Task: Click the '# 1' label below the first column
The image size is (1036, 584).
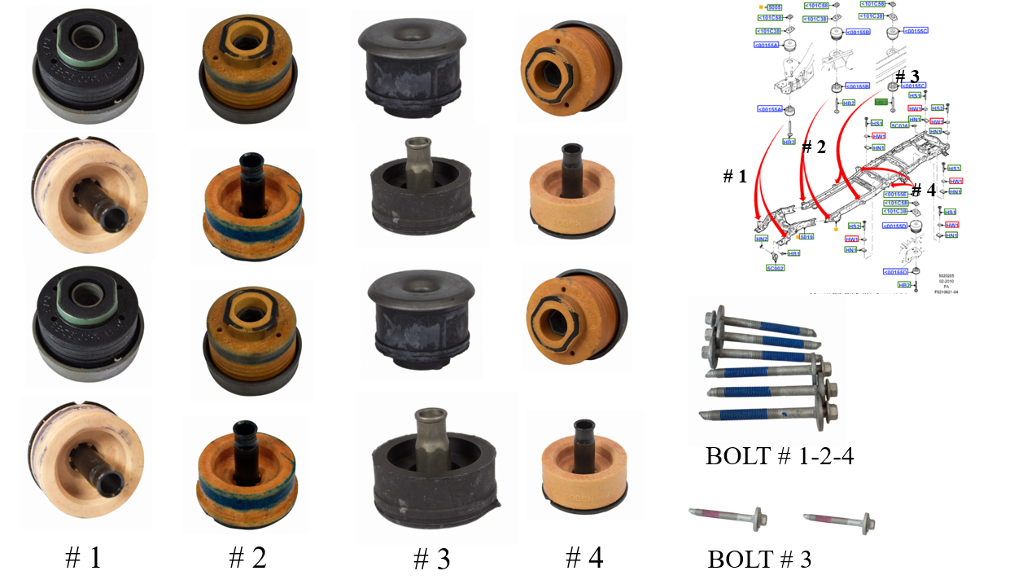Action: coord(84,557)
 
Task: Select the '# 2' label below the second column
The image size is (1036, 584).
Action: coord(247,557)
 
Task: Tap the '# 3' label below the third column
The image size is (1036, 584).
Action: coord(432,559)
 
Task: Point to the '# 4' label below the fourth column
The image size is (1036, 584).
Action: coord(584,557)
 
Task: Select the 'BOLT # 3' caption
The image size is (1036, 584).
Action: coord(758,560)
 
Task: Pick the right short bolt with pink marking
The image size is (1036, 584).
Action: coord(837,518)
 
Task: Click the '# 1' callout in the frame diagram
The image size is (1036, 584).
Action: coord(737,176)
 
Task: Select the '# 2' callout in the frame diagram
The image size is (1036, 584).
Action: coord(814,147)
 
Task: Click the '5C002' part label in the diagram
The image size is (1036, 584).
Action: coord(775,267)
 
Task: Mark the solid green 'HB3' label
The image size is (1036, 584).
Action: coord(881,103)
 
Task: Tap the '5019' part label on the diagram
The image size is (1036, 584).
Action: coord(806,237)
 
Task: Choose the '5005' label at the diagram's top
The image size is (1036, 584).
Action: coord(774,7)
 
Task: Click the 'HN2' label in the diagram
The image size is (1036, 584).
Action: coord(762,239)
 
